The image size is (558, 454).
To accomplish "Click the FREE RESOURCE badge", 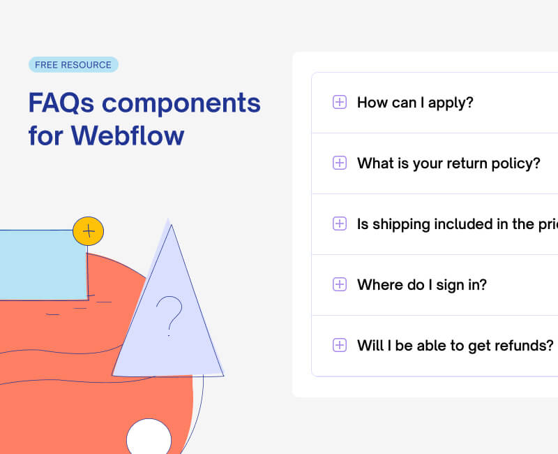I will [x=73, y=65].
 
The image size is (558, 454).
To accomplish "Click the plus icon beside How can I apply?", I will [x=340, y=103].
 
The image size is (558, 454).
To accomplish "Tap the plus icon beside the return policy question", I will [x=340, y=163].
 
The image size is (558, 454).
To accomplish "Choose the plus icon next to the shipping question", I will [x=340, y=224].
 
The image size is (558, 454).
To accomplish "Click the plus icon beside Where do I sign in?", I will [x=340, y=284].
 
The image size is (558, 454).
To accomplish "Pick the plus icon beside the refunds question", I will [x=340, y=345].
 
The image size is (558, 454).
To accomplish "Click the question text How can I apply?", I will [x=415, y=103].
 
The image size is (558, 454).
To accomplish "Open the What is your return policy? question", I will [x=448, y=163].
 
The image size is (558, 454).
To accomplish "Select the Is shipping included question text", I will [x=457, y=224].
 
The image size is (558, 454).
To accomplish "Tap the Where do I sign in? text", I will [x=421, y=284].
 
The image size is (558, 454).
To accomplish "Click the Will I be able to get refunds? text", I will [x=455, y=345].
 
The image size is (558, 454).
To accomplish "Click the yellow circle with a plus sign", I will [x=88, y=230].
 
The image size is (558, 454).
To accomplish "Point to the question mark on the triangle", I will [x=169, y=314].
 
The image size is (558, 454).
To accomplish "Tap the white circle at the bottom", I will [x=149, y=438].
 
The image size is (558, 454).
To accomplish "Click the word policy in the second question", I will [x=517, y=163].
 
